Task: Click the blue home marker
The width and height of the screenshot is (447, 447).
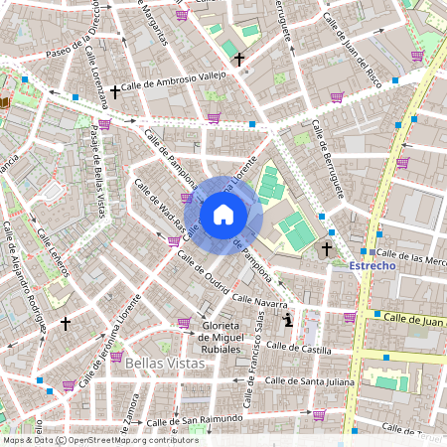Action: coord(223,215)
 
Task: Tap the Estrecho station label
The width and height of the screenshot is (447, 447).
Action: coord(372,266)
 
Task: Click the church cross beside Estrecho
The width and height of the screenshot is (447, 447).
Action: coord(327,248)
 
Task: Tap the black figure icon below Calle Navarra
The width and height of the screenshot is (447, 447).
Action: coord(288,319)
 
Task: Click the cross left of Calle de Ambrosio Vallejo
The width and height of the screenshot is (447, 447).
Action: coord(115,92)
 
